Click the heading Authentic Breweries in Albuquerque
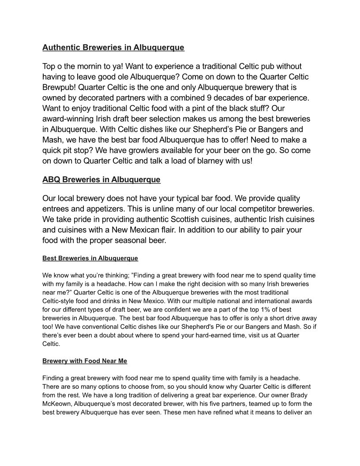113,47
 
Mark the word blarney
209,161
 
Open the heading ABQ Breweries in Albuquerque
101,180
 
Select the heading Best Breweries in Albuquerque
90,258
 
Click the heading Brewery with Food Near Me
85,361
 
